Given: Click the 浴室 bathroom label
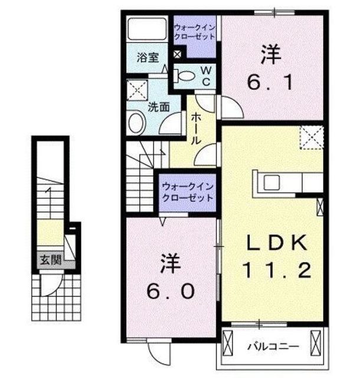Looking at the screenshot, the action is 148,58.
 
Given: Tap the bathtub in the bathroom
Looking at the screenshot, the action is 147,29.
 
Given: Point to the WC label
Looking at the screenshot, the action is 207,76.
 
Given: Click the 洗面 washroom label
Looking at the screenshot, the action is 159,107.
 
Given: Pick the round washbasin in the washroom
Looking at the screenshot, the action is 137,123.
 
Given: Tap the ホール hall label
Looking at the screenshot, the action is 196,129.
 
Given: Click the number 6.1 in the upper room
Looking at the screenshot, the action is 270,82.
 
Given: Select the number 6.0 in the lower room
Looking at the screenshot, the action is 171,291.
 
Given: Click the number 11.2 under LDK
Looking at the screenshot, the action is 277,270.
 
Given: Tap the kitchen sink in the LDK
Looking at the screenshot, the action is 271,183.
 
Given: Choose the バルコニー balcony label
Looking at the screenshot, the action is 273,347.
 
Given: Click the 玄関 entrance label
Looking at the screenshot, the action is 50,260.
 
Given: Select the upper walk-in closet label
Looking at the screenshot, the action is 194,32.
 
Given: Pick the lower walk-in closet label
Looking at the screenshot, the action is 188,192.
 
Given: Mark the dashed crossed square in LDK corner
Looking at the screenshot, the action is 312,138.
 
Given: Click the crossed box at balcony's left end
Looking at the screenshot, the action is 228,343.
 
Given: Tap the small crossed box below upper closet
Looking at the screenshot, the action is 177,54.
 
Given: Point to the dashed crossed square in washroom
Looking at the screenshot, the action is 137,90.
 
